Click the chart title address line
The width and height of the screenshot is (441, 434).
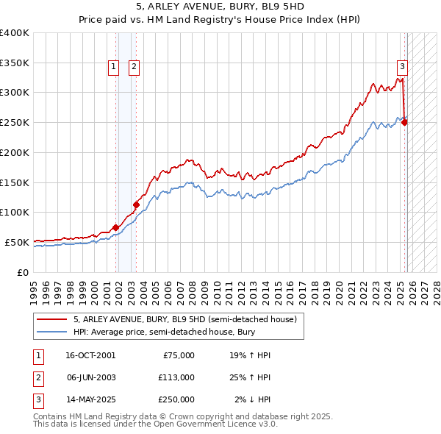(x=220, y=7)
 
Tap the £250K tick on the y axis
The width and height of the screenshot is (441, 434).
(x=15, y=123)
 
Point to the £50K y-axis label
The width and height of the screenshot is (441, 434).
(x=17, y=242)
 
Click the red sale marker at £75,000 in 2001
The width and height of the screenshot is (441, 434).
(x=116, y=227)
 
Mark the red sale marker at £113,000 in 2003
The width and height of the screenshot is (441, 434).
(x=136, y=204)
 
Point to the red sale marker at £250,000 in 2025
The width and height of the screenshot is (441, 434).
(x=405, y=123)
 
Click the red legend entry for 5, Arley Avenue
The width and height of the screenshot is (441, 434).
(x=184, y=319)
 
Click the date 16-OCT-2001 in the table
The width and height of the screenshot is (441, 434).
(x=90, y=355)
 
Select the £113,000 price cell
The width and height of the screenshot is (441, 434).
(x=176, y=377)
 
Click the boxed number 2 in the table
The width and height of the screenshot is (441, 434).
(x=37, y=377)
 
